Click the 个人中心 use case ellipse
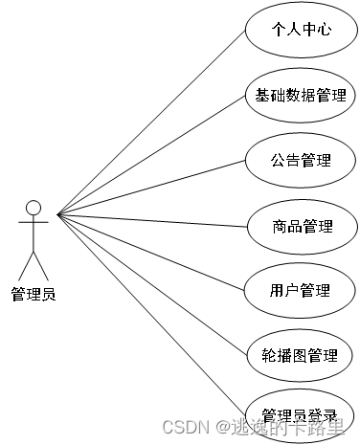[302, 30]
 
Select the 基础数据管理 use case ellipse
[302, 96]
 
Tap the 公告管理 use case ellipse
[302, 160]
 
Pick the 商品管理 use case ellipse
[302, 226]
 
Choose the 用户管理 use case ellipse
[302, 290]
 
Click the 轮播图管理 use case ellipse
[302, 356]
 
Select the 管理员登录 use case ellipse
[302, 415]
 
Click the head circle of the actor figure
[34, 208]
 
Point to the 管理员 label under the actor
[34, 294]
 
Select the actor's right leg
[41, 265]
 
